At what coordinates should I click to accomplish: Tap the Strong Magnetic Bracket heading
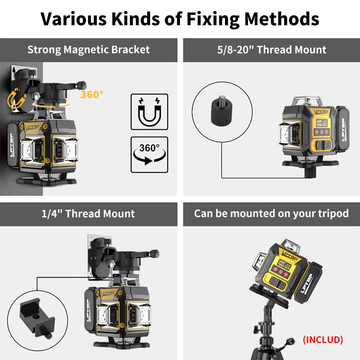tap(89, 49)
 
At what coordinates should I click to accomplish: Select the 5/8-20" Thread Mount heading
tap(272, 49)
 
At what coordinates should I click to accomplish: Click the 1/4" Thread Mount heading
tap(89, 213)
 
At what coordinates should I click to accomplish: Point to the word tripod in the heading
tap(330, 213)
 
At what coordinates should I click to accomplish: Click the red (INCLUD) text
tap(323, 339)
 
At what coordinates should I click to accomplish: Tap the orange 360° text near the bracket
tap(92, 95)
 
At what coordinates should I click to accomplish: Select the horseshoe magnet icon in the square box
tap(149, 112)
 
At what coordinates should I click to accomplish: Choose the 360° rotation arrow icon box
tap(149, 154)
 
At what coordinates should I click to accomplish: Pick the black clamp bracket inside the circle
tap(36, 317)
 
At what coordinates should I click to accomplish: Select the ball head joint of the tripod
tap(268, 310)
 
